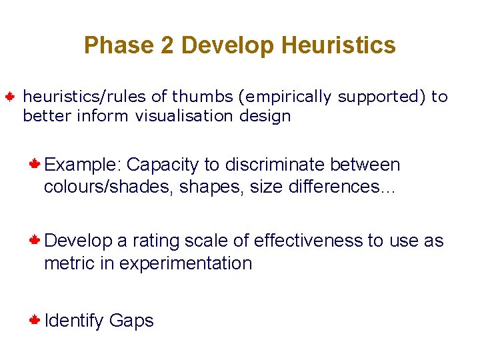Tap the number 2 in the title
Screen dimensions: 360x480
pyautogui.click(x=166, y=45)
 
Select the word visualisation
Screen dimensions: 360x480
pyautogui.click(x=179, y=116)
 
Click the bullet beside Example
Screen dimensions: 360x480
pyautogui.click(x=35, y=163)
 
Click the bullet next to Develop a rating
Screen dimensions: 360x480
pyautogui.click(x=35, y=239)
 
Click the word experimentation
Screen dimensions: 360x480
pyautogui.click(x=185, y=263)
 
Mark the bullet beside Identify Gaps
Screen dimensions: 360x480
pyautogui.click(x=35, y=319)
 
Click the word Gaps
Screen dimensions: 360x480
pyautogui.click(x=131, y=321)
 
